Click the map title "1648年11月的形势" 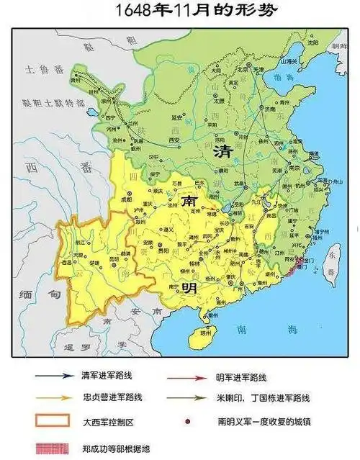click(180, 10)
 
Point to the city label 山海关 click(288, 63)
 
